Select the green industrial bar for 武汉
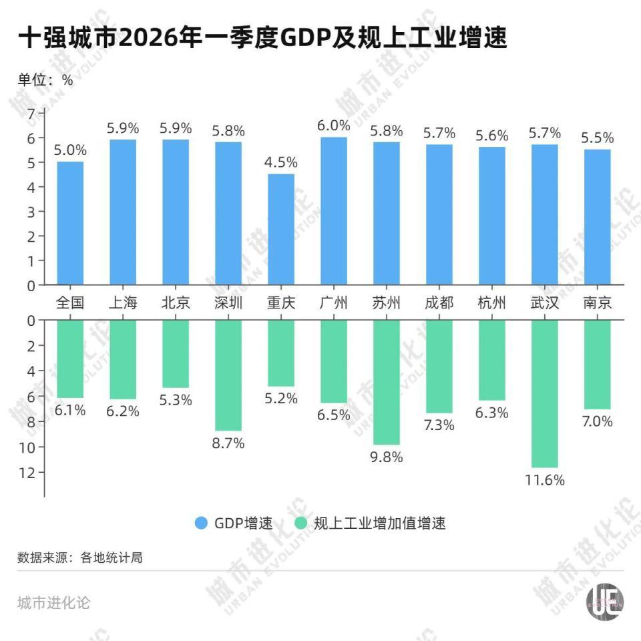[x=544, y=393]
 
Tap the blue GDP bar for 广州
[x=334, y=211]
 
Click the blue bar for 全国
[x=70, y=223]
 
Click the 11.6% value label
[x=544, y=480]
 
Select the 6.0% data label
[x=334, y=126]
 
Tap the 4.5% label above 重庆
[x=281, y=162]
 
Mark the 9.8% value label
[x=387, y=457]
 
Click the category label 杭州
[x=491, y=303]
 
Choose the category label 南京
[x=597, y=303]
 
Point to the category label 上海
[x=123, y=303]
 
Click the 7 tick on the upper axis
[x=30, y=114]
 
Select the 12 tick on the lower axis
[x=27, y=472]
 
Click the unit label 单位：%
[x=45, y=79]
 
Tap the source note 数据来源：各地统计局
[x=80, y=558]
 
